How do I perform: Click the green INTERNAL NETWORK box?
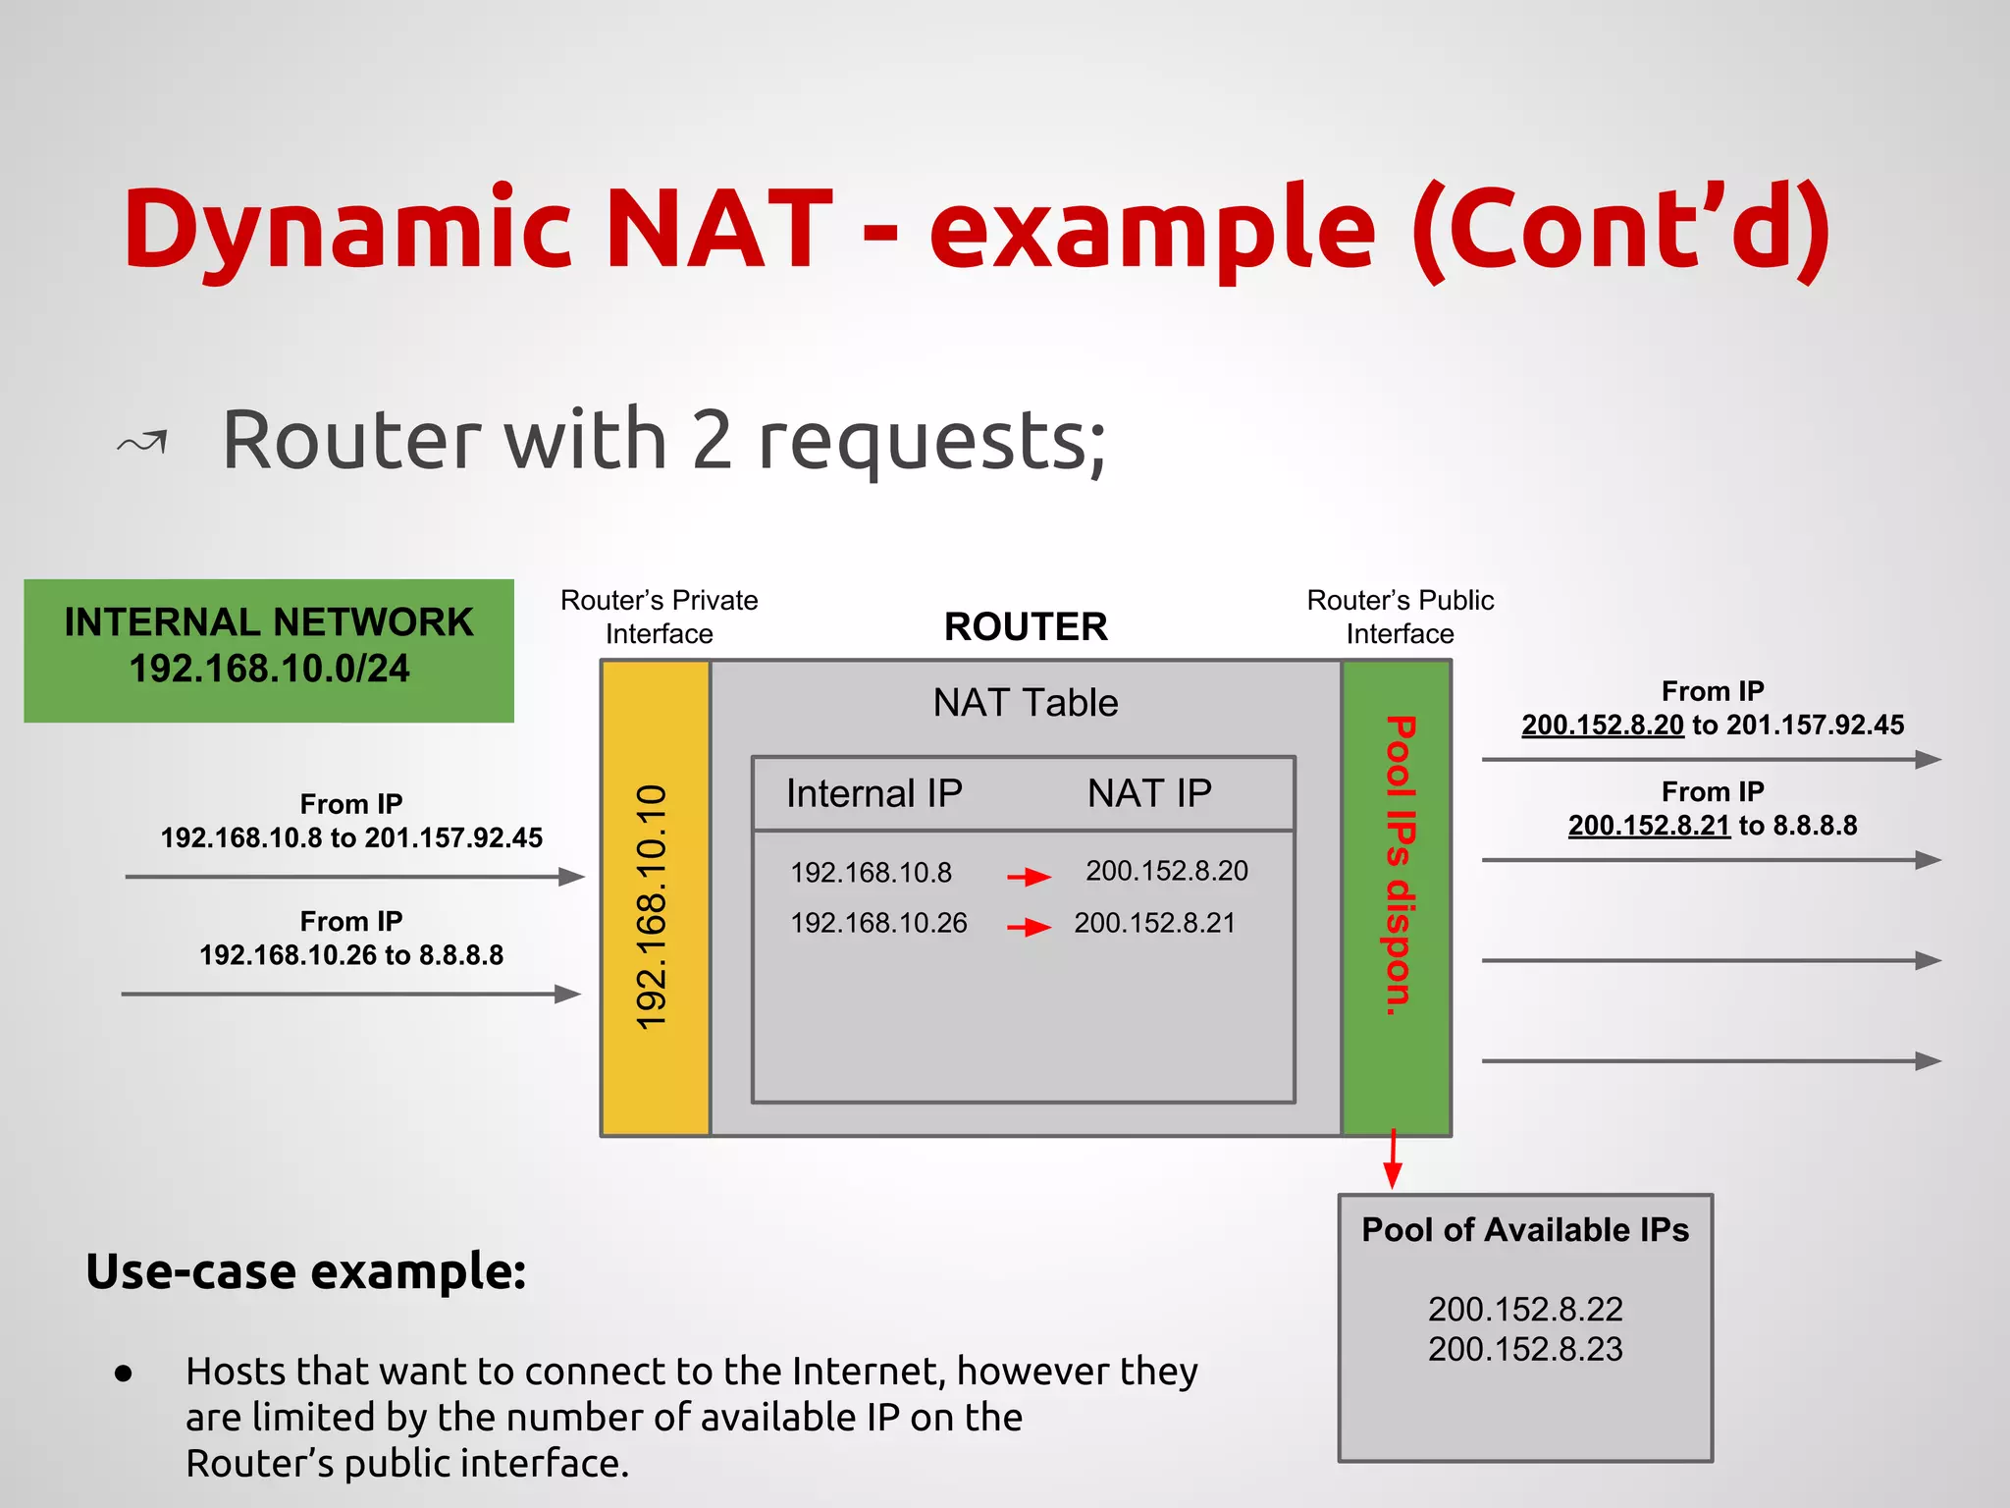coord(268,650)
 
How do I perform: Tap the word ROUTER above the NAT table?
coord(1026,626)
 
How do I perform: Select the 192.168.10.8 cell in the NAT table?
coord(871,873)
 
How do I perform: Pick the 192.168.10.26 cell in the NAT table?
coord(878,923)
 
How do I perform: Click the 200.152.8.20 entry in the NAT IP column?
coord(1166,871)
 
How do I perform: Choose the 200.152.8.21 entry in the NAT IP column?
coord(1154,923)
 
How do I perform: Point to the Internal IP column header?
coord(873,793)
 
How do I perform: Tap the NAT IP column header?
coord(1149,793)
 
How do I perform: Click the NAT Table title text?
coord(1025,703)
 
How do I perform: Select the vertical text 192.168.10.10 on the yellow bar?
coord(653,907)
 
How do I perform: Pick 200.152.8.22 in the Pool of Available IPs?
coord(1525,1310)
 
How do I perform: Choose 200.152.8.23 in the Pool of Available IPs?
coord(1525,1350)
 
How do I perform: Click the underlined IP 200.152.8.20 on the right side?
coord(1602,726)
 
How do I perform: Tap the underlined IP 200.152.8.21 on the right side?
coord(1648,826)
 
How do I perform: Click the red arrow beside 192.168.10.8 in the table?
coord(1029,876)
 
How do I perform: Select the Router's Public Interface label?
coord(1400,617)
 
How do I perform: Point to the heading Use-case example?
coord(306,1272)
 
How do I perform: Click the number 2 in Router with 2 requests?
coord(712,441)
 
